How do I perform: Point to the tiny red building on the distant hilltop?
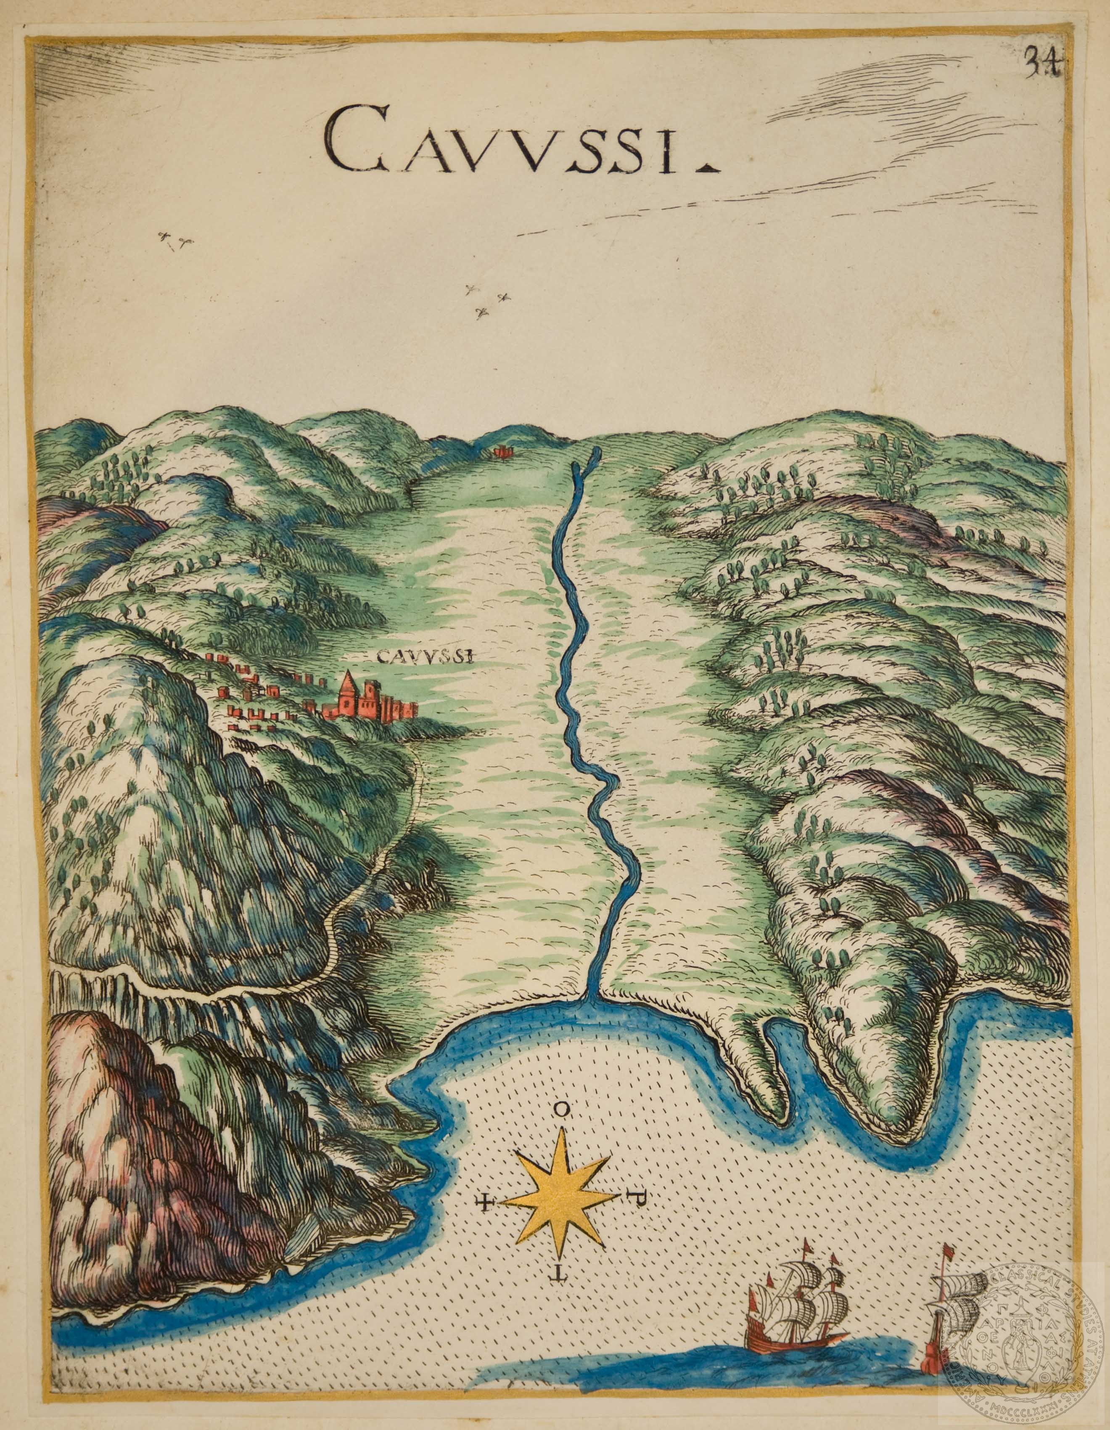tap(502, 451)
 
